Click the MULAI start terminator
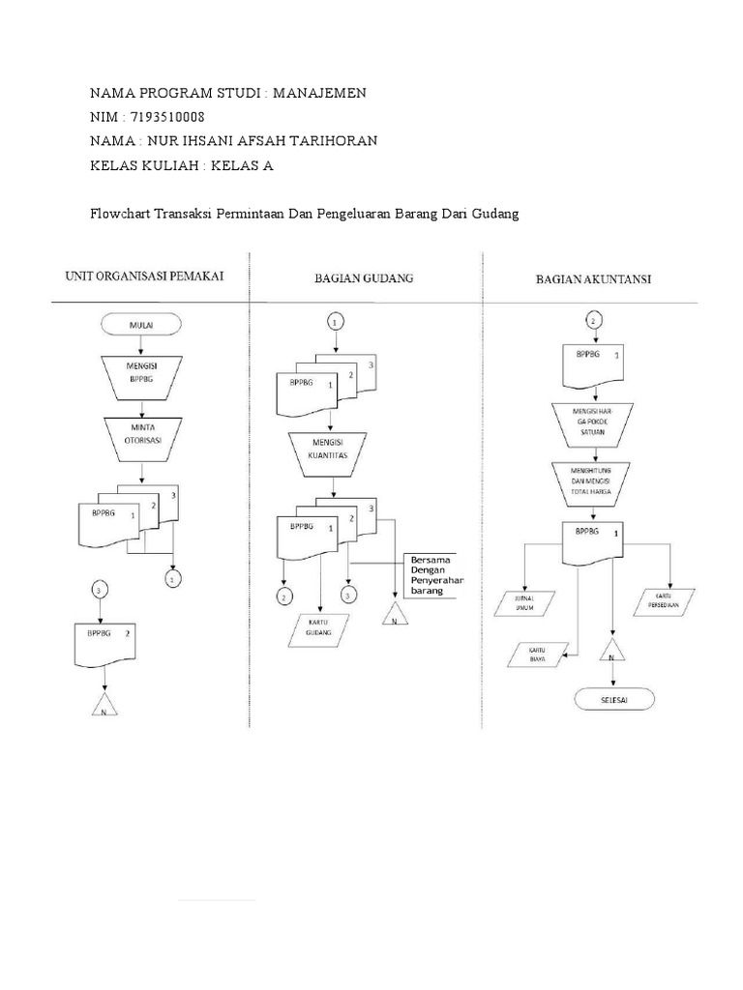click(142, 326)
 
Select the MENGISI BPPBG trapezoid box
click(142, 373)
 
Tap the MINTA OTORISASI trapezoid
click(142, 432)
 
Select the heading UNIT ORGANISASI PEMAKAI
click(144, 276)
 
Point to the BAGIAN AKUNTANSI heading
click(593, 279)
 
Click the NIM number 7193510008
click(166, 117)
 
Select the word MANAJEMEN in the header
click(319, 93)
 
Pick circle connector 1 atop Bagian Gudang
click(335, 321)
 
